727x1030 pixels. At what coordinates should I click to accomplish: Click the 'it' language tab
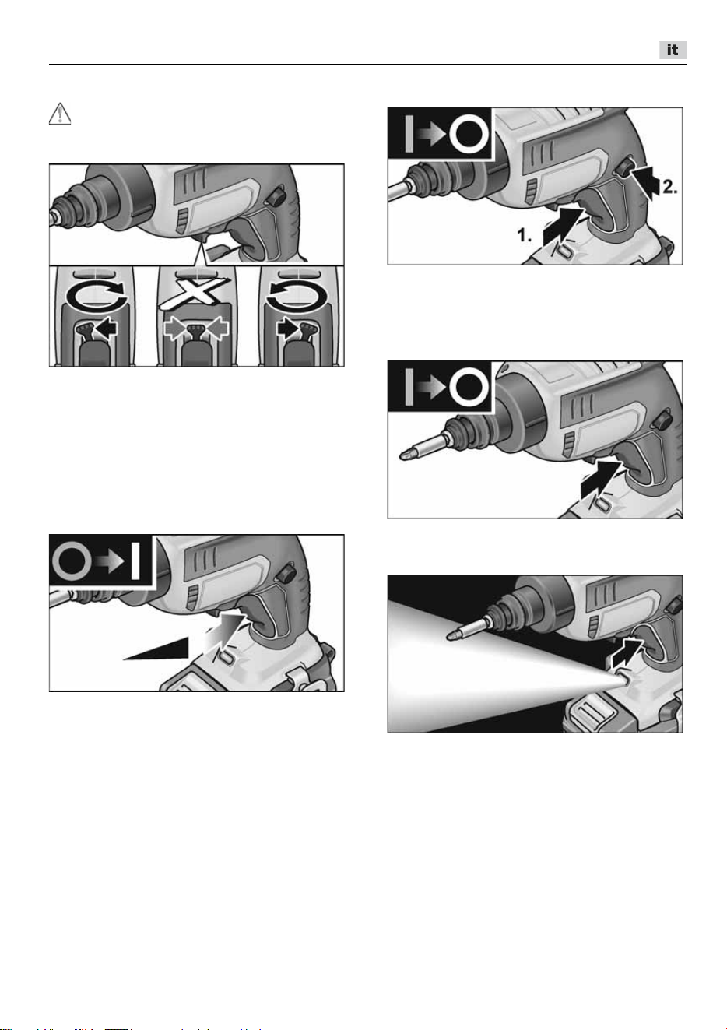click(673, 50)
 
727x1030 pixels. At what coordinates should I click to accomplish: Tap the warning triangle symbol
click(60, 114)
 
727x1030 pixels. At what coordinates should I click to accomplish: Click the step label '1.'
click(524, 235)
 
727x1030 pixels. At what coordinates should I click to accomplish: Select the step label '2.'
click(669, 187)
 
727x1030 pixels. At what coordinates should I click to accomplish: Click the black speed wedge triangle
click(156, 649)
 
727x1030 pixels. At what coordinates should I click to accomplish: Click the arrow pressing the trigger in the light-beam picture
click(627, 652)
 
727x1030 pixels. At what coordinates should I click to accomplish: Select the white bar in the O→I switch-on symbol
click(135, 561)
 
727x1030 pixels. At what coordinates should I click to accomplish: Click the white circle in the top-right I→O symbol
click(469, 134)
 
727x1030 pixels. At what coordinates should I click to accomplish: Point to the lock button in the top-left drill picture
click(276, 197)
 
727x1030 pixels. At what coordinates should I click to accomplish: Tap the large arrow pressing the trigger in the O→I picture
click(224, 629)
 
